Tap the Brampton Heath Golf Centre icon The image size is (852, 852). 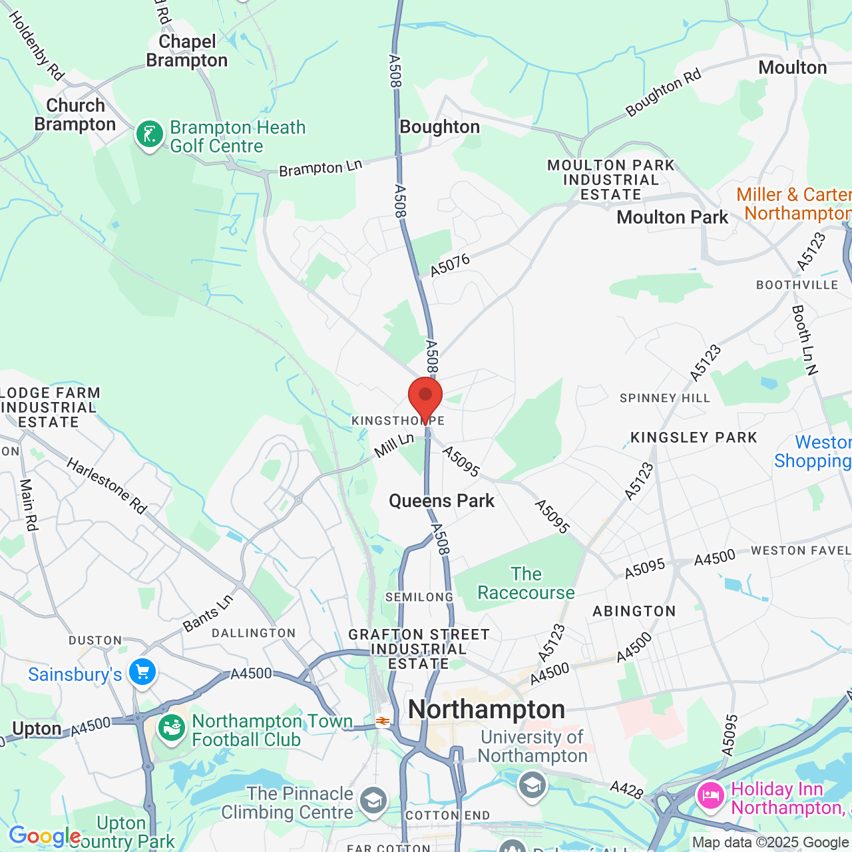(x=150, y=135)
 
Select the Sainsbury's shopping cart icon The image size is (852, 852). (x=142, y=672)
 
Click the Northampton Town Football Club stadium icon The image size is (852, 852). (x=171, y=728)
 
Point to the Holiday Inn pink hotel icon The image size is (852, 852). (x=710, y=795)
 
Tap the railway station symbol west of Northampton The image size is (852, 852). (x=382, y=721)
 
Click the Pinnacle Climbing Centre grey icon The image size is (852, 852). (x=373, y=801)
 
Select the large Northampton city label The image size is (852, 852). (x=487, y=710)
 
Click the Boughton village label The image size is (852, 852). (x=439, y=127)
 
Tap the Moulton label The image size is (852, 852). (x=792, y=68)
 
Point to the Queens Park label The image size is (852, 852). (x=441, y=501)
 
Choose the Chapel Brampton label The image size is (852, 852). (x=187, y=51)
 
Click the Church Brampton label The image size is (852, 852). (x=75, y=115)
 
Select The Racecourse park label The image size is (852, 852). (x=526, y=584)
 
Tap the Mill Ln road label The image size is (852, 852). (x=394, y=445)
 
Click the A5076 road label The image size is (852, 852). (x=450, y=265)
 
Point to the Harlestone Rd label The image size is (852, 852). (x=106, y=485)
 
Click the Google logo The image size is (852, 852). (x=45, y=837)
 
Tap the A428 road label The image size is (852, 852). (x=626, y=789)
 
